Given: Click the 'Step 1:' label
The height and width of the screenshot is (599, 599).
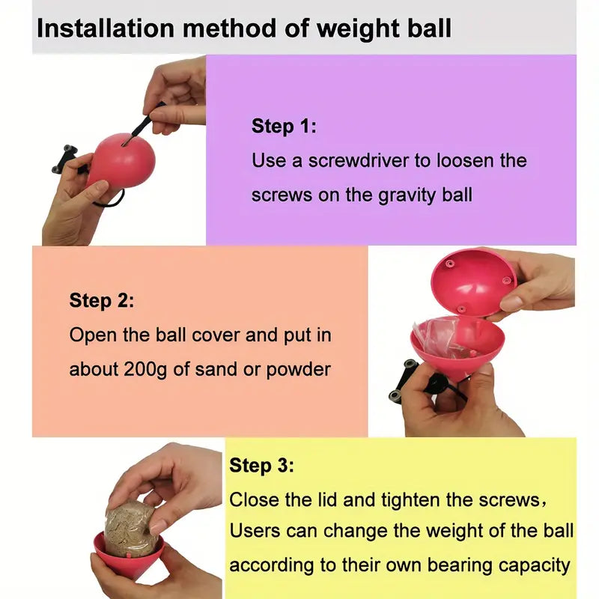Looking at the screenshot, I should (x=284, y=126).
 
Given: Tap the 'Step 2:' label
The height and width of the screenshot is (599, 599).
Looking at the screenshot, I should (x=102, y=301).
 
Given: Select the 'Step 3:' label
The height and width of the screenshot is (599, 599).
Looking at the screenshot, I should (x=261, y=465).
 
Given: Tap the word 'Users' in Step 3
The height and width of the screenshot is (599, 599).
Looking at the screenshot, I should (x=255, y=532).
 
